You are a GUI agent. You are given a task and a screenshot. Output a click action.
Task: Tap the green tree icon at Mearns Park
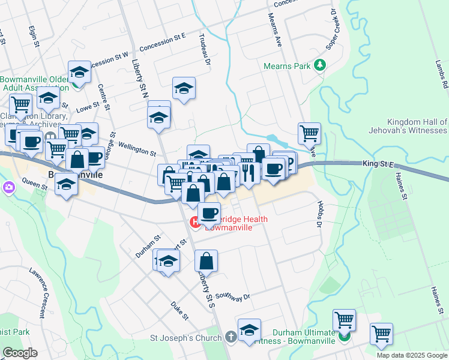[x=321, y=64]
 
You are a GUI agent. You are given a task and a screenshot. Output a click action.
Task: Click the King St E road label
[x=378, y=163]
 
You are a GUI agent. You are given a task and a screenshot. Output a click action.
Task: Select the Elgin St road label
[x=34, y=37]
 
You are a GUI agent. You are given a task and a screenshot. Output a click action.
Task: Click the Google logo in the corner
[x=20, y=352]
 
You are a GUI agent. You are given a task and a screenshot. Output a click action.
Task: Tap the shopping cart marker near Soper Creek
[x=309, y=133]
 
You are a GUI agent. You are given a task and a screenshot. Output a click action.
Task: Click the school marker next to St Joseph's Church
[x=249, y=330]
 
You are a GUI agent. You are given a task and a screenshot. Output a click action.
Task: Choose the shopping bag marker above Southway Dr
[x=206, y=261]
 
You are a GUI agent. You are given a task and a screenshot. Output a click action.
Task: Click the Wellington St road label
[x=137, y=146]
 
